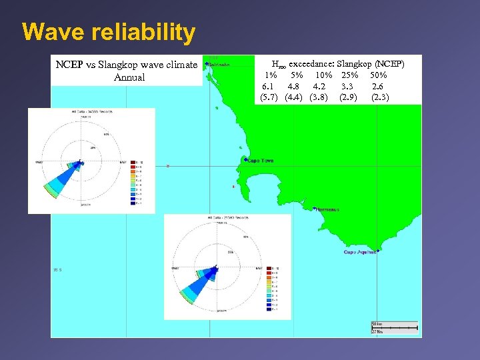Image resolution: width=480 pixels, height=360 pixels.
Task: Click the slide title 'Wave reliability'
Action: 109,31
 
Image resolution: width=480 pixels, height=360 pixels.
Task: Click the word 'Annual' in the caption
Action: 129,77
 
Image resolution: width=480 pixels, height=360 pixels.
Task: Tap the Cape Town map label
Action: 260,161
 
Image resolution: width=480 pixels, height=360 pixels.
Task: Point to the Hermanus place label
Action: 327,209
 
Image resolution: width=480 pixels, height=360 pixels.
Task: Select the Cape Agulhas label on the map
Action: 360,252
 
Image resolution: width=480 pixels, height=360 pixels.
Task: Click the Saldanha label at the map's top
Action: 220,65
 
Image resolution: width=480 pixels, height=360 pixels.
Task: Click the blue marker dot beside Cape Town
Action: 245,160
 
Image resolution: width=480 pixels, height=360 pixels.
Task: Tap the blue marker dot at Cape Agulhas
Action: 378,251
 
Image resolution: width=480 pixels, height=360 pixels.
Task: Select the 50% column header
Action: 379,75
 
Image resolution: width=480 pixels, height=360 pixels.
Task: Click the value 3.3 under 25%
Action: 347,86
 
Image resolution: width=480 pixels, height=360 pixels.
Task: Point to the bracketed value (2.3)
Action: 380,97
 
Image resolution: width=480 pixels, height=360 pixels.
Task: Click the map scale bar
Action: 394,327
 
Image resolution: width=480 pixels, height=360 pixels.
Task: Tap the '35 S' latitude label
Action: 58,269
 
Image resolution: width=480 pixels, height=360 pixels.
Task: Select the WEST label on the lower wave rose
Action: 175,268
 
